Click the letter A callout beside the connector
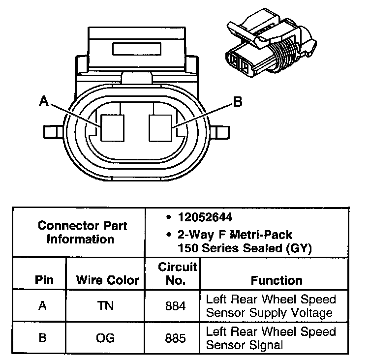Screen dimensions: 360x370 (44, 101)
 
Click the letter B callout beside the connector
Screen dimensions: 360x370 (238, 102)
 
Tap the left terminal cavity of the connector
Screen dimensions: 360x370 (112, 127)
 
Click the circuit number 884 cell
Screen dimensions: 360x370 (176, 305)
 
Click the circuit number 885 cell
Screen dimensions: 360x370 (176, 338)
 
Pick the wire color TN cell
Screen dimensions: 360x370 (106, 305)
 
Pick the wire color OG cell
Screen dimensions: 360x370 (106, 338)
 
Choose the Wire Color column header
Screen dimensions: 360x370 (107, 280)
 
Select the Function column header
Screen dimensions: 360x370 (277, 280)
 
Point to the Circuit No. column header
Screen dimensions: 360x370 (177, 274)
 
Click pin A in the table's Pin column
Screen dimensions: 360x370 (43, 305)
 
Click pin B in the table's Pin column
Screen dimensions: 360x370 (43, 338)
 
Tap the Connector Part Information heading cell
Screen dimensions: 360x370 (82, 233)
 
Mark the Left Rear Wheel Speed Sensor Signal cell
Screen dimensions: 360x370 (271, 338)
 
